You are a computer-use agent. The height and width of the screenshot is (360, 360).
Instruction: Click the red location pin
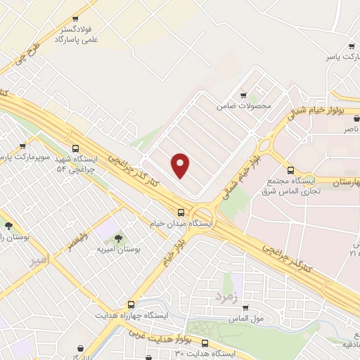[x=181, y=165]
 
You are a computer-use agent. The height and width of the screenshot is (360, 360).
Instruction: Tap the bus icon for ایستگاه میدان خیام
[x=181, y=212]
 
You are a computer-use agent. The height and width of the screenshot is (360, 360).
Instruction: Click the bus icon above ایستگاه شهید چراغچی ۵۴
[x=76, y=148]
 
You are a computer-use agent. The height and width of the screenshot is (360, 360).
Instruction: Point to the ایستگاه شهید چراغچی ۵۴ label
[x=80, y=164]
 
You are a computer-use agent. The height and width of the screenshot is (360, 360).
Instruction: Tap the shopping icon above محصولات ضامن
[x=243, y=96]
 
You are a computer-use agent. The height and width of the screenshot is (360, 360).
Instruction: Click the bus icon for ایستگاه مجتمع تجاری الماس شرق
[x=291, y=169]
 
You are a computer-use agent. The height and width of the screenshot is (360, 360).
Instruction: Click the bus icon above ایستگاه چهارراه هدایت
[x=131, y=304]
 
